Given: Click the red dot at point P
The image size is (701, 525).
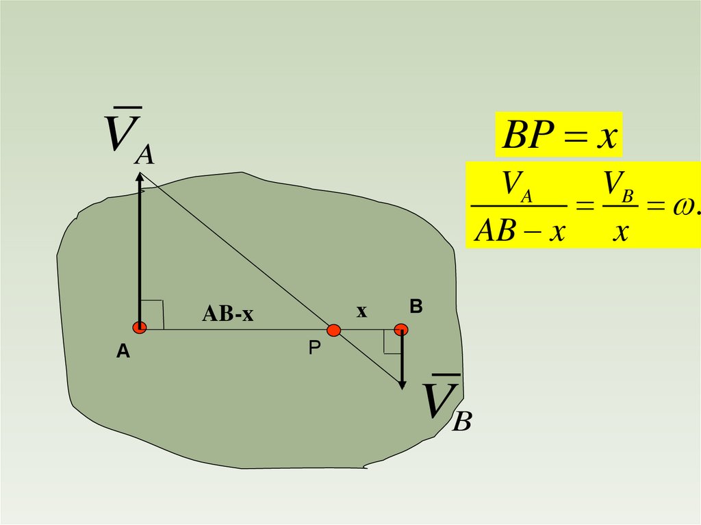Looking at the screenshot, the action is pos(333,331).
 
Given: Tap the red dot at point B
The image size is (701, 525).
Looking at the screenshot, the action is pos(401,330).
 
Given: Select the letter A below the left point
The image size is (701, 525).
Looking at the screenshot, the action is pos(123,352).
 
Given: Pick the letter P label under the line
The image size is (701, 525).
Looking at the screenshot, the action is pos(314,348).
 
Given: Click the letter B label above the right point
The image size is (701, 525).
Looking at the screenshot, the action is pos(416,307).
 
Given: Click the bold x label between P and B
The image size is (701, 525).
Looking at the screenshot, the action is pos(361,311).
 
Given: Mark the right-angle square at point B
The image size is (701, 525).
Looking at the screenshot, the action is pos(392,343).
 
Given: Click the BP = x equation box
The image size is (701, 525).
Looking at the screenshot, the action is pos(559,136).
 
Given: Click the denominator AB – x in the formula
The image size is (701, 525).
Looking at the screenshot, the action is pos(520,231).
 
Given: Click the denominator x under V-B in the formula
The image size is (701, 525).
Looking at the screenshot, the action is pos(621,231).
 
